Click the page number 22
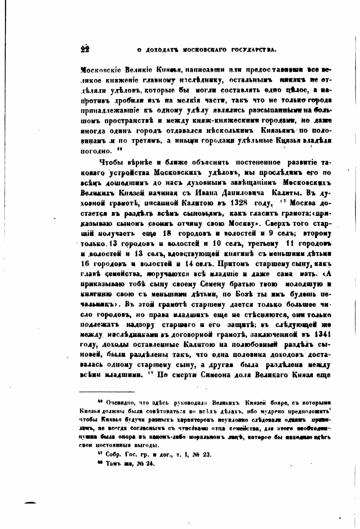coord(85,49)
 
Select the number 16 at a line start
coord(86,263)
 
